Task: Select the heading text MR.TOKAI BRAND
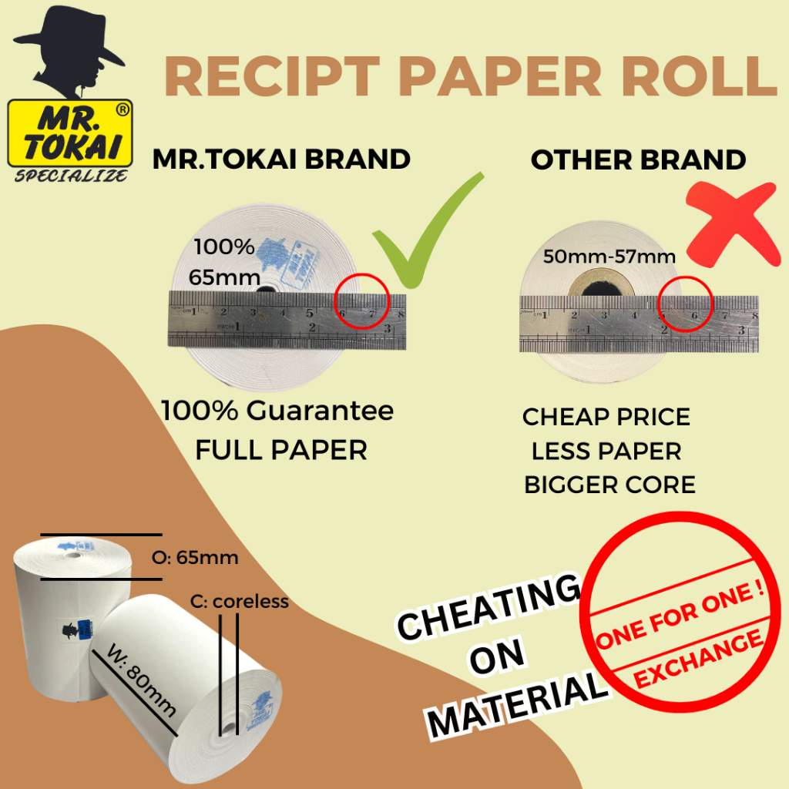[x=281, y=159]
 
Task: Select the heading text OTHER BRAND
[x=638, y=159]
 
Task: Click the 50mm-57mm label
[x=609, y=257]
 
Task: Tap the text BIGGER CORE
[x=609, y=485]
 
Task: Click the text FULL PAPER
[x=281, y=449]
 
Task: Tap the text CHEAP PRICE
[x=606, y=417]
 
